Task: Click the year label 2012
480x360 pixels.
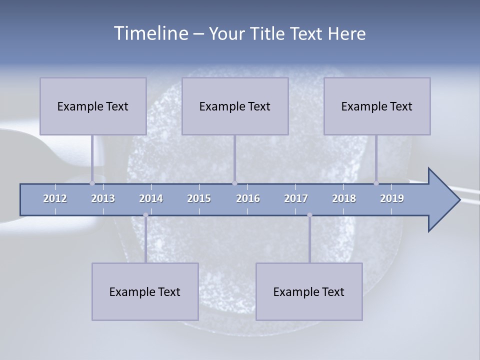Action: (x=55, y=198)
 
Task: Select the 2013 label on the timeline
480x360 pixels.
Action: (x=103, y=198)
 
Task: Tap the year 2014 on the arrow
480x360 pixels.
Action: (x=151, y=198)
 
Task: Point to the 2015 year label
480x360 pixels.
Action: (x=199, y=198)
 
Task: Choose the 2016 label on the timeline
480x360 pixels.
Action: (x=248, y=198)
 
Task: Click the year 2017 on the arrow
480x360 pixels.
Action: (x=296, y=198)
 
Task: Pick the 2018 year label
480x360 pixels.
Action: (x=344, y=198)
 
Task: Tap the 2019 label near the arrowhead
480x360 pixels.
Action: (x=392, y=198)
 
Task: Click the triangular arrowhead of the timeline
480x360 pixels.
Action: (x=443, y=200)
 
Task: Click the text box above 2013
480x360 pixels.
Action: (x=93, y=106)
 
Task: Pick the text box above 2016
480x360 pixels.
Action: (x=235, y=106)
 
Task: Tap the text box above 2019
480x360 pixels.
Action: (x=377, y=106)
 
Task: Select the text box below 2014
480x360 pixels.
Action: (x=145, y=291)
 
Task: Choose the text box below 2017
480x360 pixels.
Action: (x=309, y=291)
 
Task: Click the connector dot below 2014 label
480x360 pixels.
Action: (x=145, y=215)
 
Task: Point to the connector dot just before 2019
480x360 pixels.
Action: (x=376, y=183)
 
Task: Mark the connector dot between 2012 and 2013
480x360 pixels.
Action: (x=92, y=183)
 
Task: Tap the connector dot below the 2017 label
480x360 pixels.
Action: (x=309, y=215)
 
